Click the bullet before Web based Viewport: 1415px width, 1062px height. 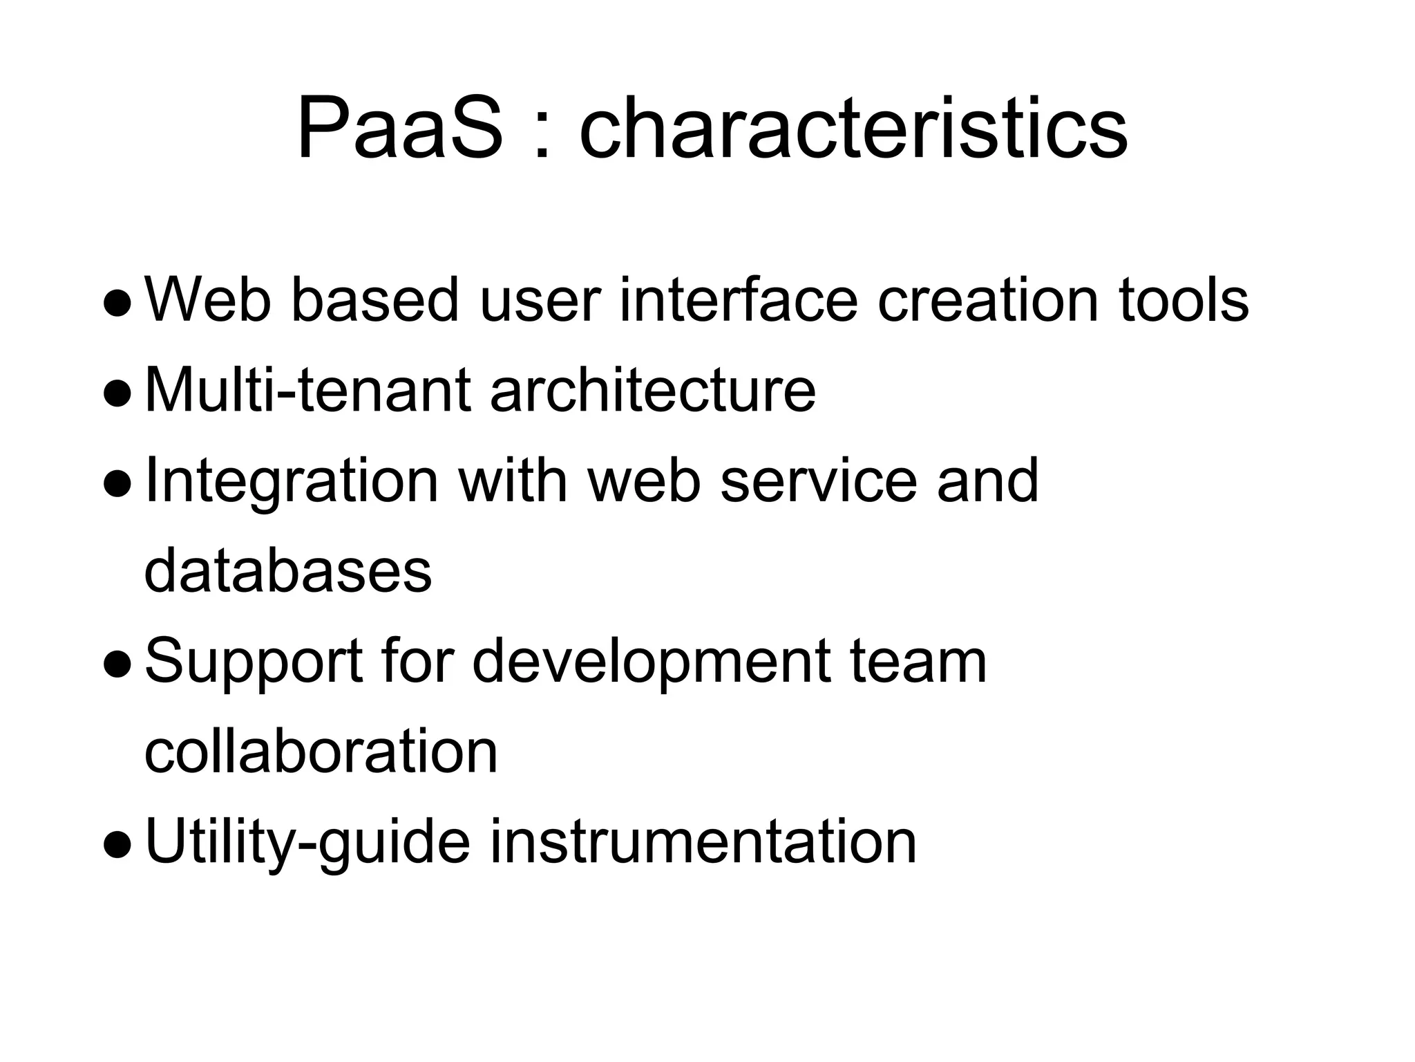point(116,304)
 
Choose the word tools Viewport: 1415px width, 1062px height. point(1184,300)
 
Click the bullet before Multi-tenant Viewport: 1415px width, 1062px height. point(116,395)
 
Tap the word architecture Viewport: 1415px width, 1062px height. point(652,391)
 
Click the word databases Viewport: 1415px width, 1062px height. point(288,571)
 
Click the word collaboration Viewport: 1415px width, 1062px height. point(321,752)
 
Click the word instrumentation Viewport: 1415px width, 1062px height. point(703,842)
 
